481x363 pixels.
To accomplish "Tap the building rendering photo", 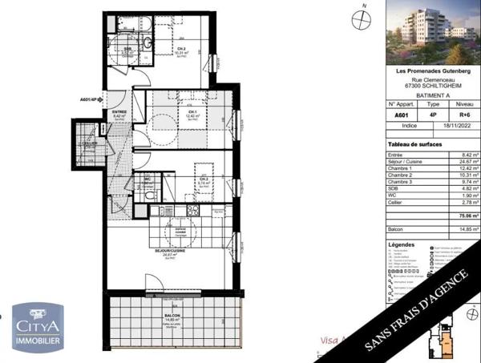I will click(434, 32).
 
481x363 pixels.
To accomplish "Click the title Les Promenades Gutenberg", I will click(433, 71).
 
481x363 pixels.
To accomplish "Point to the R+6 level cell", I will click(463, 115).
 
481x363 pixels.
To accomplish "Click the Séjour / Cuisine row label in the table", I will click(406, 161).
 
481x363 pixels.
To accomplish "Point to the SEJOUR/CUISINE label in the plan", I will click(168, 252).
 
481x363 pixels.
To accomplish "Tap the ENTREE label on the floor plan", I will click(118, 112).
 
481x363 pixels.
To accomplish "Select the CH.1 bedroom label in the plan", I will click(191, 112).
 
